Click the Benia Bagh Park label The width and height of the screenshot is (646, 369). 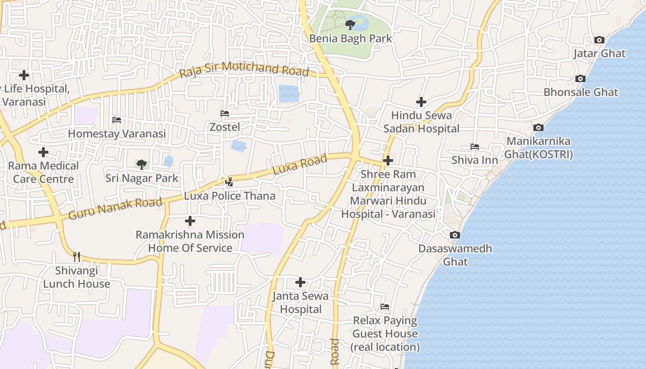350,38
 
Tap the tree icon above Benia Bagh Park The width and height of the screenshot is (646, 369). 350,24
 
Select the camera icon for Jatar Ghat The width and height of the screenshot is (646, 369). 599,40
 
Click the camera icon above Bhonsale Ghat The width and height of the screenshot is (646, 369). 580,78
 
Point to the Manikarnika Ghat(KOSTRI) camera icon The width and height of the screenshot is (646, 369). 538,127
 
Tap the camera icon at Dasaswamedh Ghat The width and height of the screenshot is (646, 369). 455,235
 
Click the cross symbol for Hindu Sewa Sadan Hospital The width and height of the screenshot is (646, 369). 421,101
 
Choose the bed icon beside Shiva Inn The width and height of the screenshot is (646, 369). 475,147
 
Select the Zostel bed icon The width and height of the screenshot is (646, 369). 225,113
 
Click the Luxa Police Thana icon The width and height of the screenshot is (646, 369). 229,182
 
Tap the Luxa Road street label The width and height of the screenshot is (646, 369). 300,164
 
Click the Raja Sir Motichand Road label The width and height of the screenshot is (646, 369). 244,69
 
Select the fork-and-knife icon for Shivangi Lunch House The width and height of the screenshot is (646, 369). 77,256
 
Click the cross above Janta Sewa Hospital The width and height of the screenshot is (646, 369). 300,282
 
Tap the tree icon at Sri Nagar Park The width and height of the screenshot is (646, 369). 142,164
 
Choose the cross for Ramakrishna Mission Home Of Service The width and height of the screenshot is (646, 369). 190,221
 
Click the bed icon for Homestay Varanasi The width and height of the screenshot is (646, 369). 117,120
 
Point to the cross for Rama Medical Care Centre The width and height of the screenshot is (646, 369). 43,152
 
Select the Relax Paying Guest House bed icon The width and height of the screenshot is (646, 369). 385,307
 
